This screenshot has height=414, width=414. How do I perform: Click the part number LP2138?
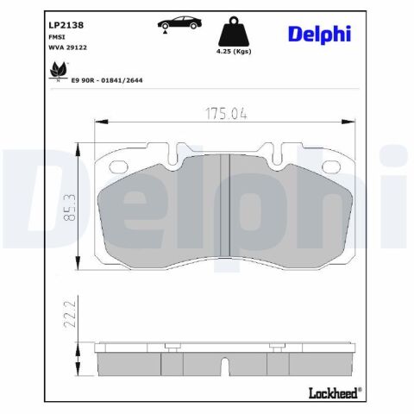[x=66, y=25]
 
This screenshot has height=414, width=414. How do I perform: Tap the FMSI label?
[x=57, y=37]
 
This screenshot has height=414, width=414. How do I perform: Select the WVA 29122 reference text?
[x=68, y=47]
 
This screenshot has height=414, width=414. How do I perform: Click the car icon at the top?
[x=179, y=23]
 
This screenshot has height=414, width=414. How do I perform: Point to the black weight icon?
[x=234, y=32]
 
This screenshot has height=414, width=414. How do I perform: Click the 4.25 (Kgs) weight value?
[x=234, y=52]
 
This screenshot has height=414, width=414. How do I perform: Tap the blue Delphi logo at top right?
[x=319, y=34]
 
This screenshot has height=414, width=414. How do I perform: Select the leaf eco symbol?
[x=59, y=71]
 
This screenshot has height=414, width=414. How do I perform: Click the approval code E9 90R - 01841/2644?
[x=107, y=80]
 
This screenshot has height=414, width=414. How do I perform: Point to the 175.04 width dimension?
[x=226, y=114]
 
